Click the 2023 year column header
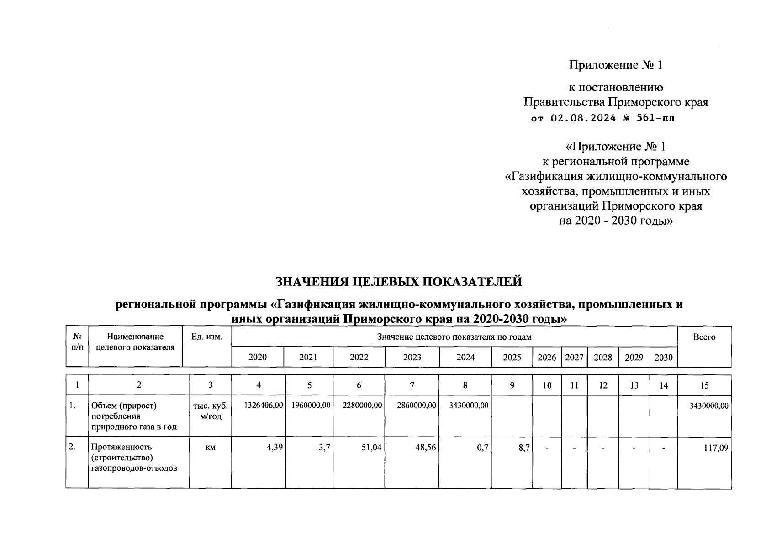pyautogui.click(x=412, y=358)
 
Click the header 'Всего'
pyautogui.click(x=704, y=337)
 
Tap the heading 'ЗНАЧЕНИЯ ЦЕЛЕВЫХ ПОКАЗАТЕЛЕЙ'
pyautogui.click(x=399, y=282)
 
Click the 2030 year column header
pyautogui.click(x=663, y=358)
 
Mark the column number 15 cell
pyautogui.click(x=704, y=386)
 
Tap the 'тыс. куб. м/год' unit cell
pyautogui.click(x=211, y=411)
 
